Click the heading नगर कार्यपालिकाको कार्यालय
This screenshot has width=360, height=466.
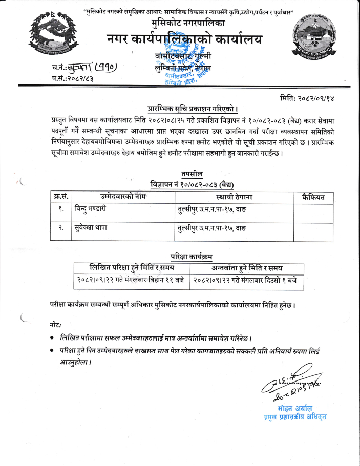point(184,39)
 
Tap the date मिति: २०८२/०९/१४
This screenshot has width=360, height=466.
point(308,96)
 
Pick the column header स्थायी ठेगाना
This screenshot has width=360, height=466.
point(234,196)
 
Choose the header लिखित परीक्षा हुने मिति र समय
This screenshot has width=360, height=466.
point(132,268)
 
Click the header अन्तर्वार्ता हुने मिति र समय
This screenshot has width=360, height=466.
point(248,268)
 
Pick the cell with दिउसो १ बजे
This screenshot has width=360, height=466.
point(248,281)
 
